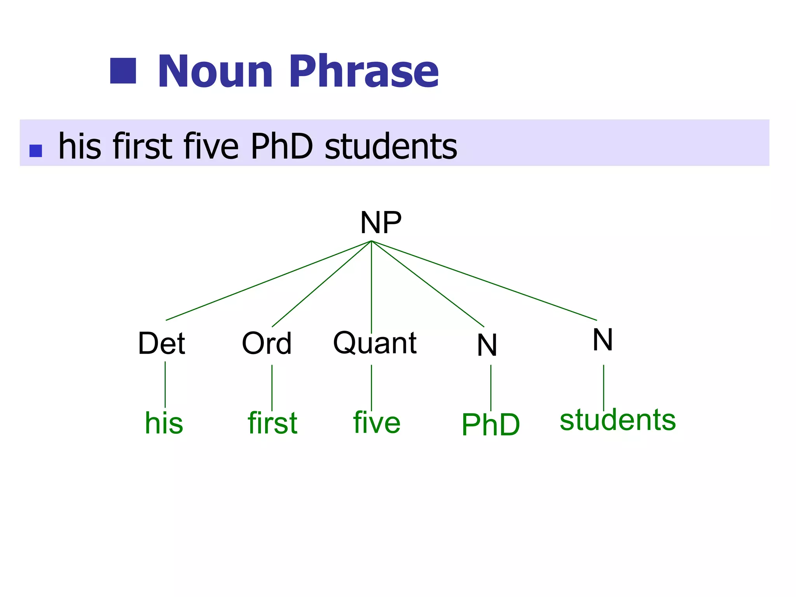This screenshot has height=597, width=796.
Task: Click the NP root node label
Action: (381, 223)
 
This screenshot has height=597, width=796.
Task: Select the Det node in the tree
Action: (162, 344)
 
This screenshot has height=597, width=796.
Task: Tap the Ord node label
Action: (267, 344)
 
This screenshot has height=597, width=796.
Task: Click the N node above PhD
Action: (487, 345)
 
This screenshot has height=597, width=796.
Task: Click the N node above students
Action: (602, 340)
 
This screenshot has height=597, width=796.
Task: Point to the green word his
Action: (164, 423)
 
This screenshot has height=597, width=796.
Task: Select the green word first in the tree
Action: (272, 423)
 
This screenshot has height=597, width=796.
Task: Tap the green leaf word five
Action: (377, 423)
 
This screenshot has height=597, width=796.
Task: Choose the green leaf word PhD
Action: (491, 425)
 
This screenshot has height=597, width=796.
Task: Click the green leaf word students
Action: (618, 420)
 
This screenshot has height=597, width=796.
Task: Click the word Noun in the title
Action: (216, 72)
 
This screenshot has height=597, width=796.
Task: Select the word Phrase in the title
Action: (364, 72)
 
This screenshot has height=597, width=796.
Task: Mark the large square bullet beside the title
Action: (123, 71)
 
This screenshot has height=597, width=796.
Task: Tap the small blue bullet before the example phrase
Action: (36, 151)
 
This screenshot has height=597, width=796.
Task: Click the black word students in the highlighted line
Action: (391, 147)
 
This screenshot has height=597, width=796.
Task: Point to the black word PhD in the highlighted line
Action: (282, 147)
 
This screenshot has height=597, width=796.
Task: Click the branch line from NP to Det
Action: (268, 281)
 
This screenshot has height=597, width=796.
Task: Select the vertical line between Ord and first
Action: (272, 388)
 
